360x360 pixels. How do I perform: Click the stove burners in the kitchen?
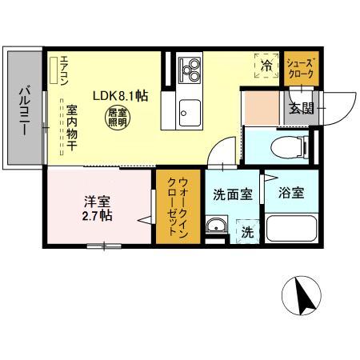coord(191,70)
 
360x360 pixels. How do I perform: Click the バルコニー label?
coord(25,110)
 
